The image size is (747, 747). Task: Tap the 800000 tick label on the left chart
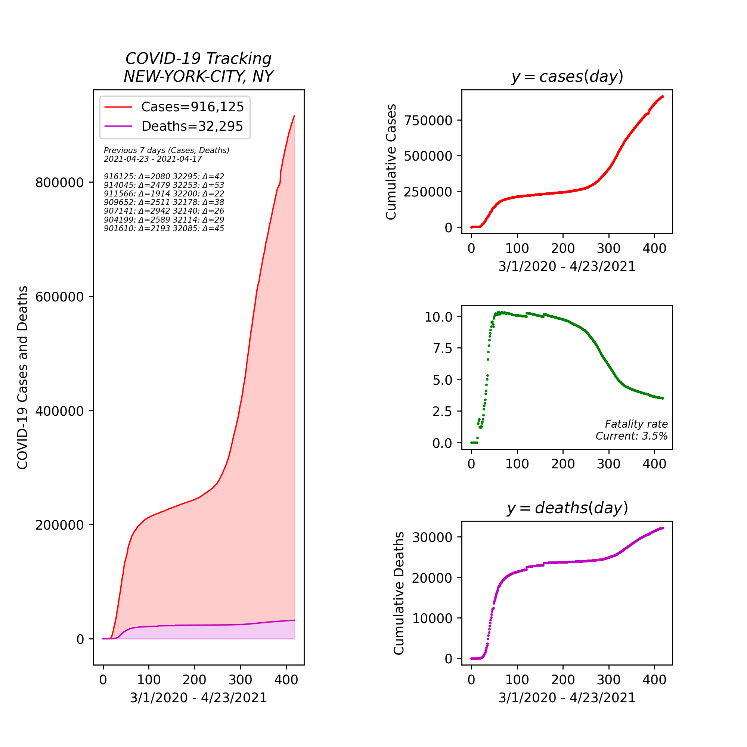pos(59,183)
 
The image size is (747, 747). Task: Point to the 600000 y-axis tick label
pos(59,297)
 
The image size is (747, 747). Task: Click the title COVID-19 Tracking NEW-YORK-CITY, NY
pos(198,67)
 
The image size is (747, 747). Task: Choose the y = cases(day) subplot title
pos(567,76)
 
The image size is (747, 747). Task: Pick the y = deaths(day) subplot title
pos(567,508)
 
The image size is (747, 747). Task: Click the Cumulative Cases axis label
pos(391,162)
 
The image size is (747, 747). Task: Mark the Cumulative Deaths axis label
pos(399,593)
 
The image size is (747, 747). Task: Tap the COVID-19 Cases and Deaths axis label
pos(23,377)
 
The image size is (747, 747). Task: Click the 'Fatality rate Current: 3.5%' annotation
pos(631,430)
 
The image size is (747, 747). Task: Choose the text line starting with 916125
pos(164,176)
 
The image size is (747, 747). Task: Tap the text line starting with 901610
pos(164,228)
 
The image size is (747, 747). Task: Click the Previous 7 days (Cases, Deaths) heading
pos(166,151)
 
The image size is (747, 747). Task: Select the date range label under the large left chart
pos(198,697)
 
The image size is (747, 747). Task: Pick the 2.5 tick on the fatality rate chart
pos(442,411)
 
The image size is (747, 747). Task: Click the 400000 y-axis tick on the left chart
pos(59,411)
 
